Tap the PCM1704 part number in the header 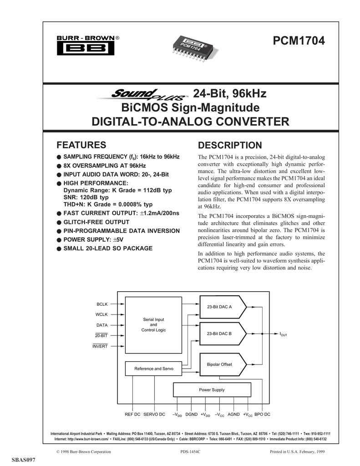coord(299,41)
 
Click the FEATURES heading coord(81,145)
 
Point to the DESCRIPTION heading coord(230,145)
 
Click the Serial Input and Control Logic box coord(153,324)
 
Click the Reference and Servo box coord(153,368)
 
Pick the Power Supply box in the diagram coord(212,390)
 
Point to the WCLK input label coord(102,314)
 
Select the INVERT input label coord(100,346)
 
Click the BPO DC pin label coord(262,415)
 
